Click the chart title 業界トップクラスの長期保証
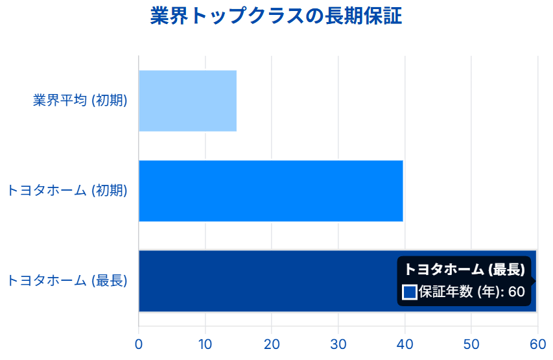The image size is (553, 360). (276, 16)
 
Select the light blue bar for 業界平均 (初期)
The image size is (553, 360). (187, 101)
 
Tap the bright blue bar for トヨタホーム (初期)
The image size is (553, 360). (271, 191)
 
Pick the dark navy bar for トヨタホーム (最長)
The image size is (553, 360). (266, 281)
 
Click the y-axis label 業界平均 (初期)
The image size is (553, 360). (80, 101)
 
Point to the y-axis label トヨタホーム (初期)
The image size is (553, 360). (67, 191)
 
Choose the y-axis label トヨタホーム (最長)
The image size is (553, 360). (67, 281)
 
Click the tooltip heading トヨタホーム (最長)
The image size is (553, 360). (464, 270)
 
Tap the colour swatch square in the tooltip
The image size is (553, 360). (410, 293)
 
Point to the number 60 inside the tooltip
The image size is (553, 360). (516, 293)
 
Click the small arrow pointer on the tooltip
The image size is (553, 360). (534, 281)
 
